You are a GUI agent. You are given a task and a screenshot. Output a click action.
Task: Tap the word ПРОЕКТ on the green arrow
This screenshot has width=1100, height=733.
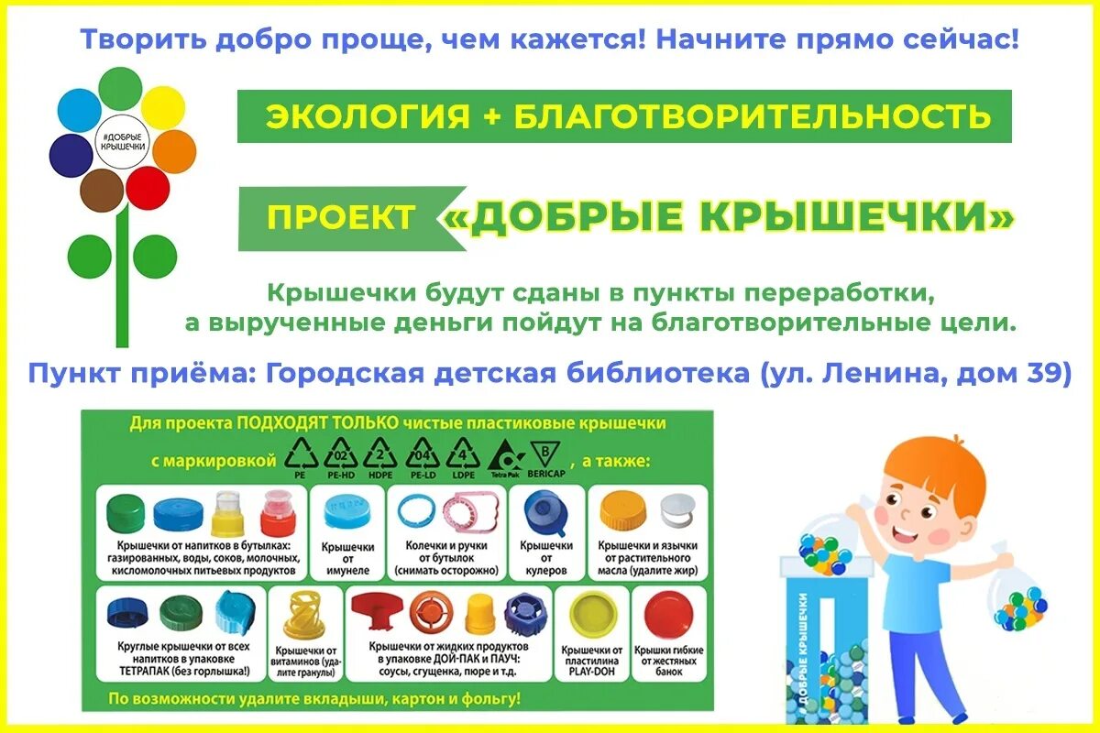tap(340, 217)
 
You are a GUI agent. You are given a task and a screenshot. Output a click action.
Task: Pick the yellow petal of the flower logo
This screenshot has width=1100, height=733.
tap(163, 107)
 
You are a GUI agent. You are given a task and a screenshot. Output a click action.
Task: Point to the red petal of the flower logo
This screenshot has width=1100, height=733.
tap(147, 188)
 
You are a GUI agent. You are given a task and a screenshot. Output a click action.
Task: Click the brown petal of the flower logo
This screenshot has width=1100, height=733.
tap(102, 191)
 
